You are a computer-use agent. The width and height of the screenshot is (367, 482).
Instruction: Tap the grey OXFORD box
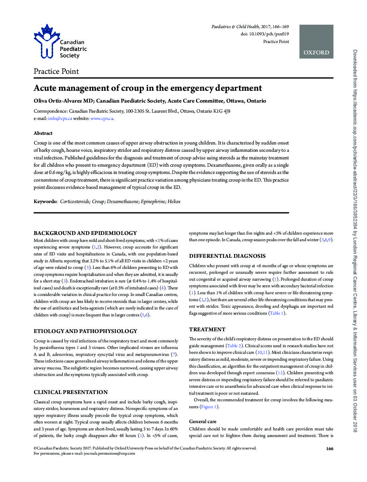click(x=316, y=42)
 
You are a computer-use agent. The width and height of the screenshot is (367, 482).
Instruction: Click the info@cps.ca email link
click(x=60, y=119)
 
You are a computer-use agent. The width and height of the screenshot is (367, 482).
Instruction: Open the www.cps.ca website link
click(x=102, y=119)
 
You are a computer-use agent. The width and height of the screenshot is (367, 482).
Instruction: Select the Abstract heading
click(x=43, y=133)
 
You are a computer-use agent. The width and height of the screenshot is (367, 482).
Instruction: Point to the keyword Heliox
click(x=174, y=201)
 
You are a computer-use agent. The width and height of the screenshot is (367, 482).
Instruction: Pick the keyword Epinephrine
click(x=153, y=201)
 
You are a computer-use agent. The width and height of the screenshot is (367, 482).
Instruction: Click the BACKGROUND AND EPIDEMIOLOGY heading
click(x=85, y=233)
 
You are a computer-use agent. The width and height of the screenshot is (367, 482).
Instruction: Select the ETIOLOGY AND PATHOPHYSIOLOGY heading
click(x=85, y=331)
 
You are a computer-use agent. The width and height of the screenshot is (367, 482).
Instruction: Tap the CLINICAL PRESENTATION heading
click(x=71, y=392)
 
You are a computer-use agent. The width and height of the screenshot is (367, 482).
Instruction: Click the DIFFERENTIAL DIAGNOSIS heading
click(x=227, y=256)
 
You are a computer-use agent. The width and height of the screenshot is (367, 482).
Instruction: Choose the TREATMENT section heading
click(x=207, y=330)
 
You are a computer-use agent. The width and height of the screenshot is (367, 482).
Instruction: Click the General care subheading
click(x=203, y=422)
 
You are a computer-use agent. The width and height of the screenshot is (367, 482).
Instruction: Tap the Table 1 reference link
click(x=277, y=313)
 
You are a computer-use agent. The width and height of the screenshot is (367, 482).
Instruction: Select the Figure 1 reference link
click(x=209, y=407)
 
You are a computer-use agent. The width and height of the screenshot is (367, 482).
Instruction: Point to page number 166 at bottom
click(x=330, y=449)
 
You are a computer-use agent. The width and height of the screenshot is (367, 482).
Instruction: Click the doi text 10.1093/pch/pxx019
click(x=269, y=34)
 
